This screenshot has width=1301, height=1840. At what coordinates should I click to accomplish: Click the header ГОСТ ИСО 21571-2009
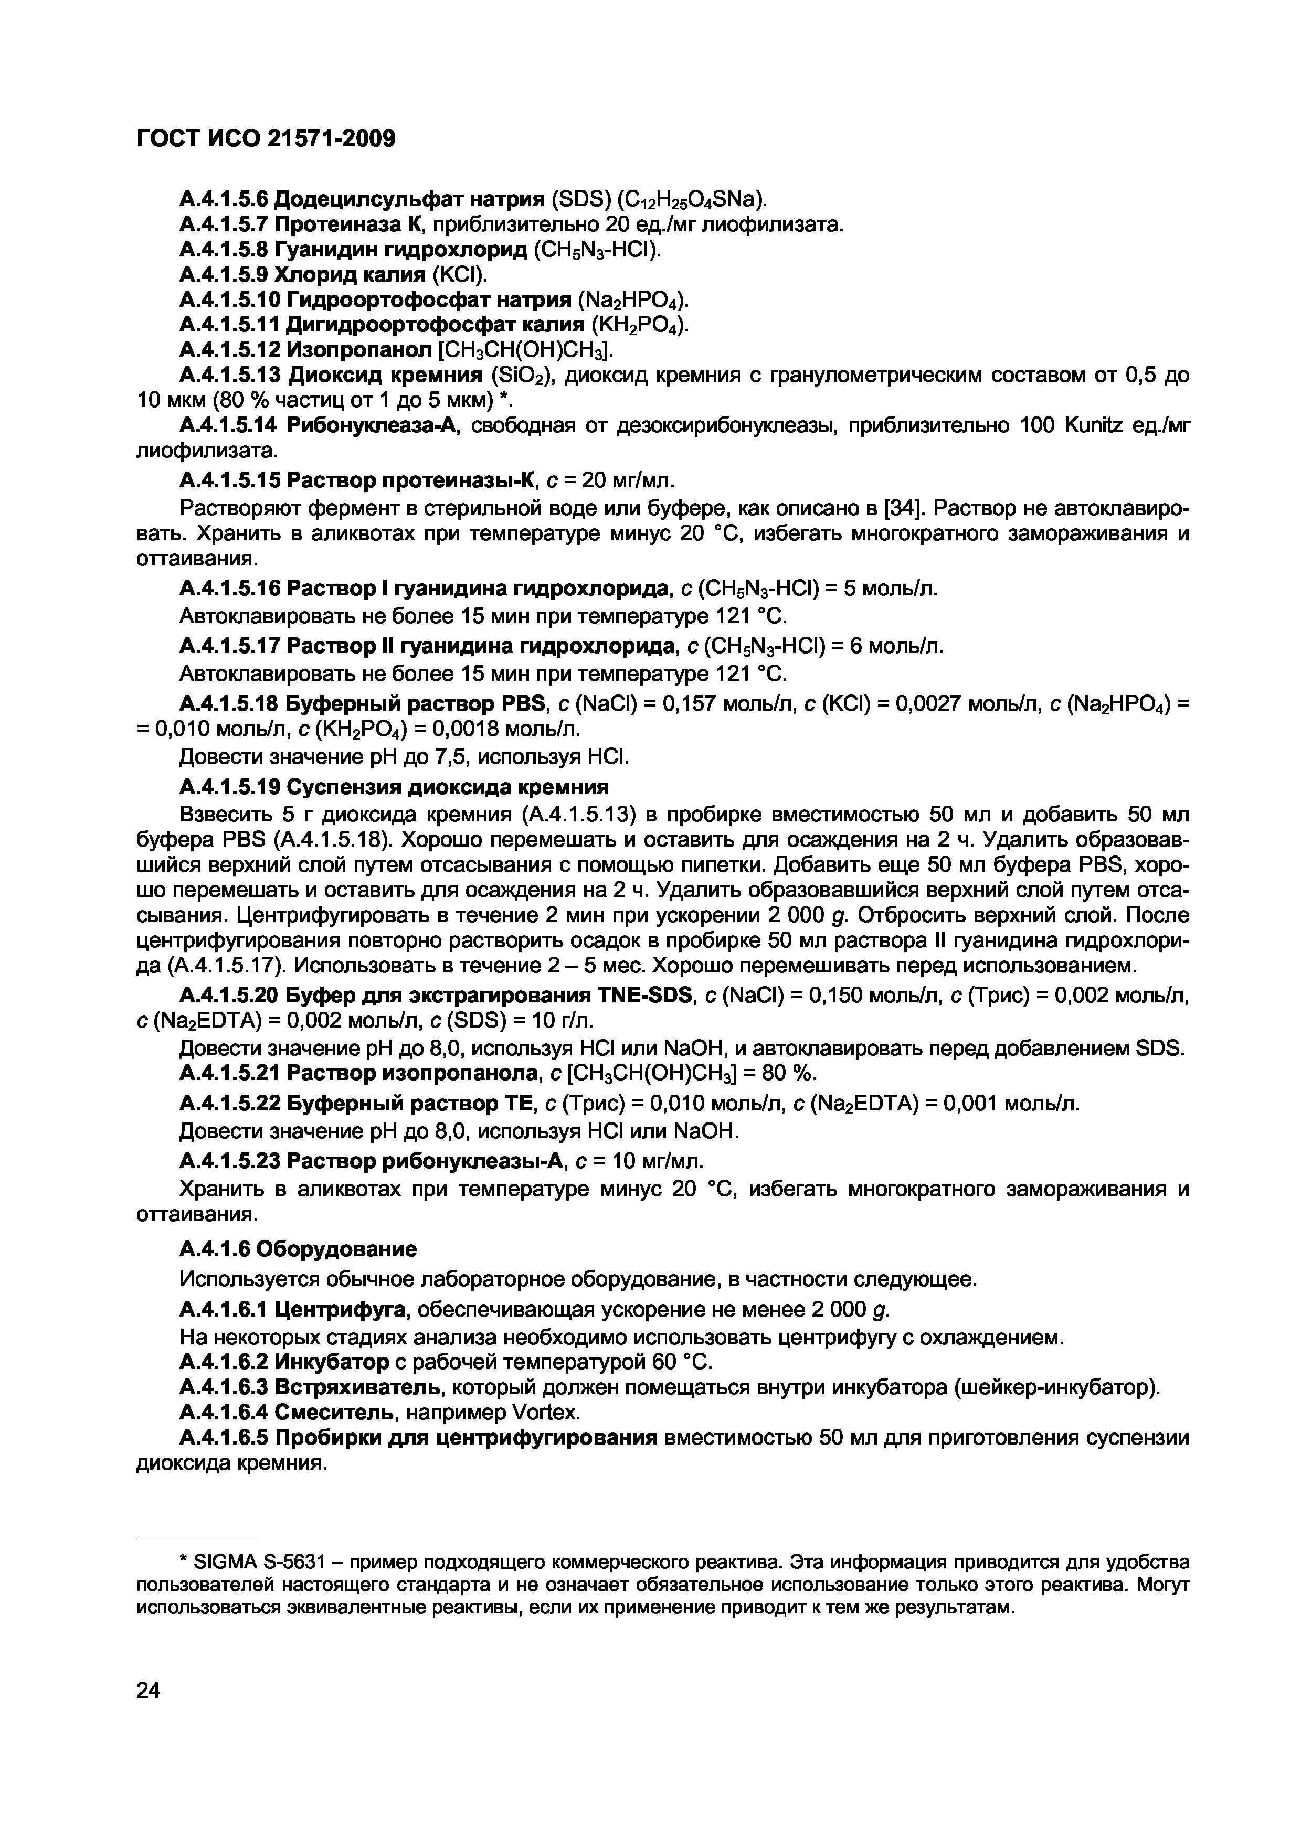click(x=266, y=140)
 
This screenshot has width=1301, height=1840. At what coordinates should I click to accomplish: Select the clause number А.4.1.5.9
click(x=224, y=275)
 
